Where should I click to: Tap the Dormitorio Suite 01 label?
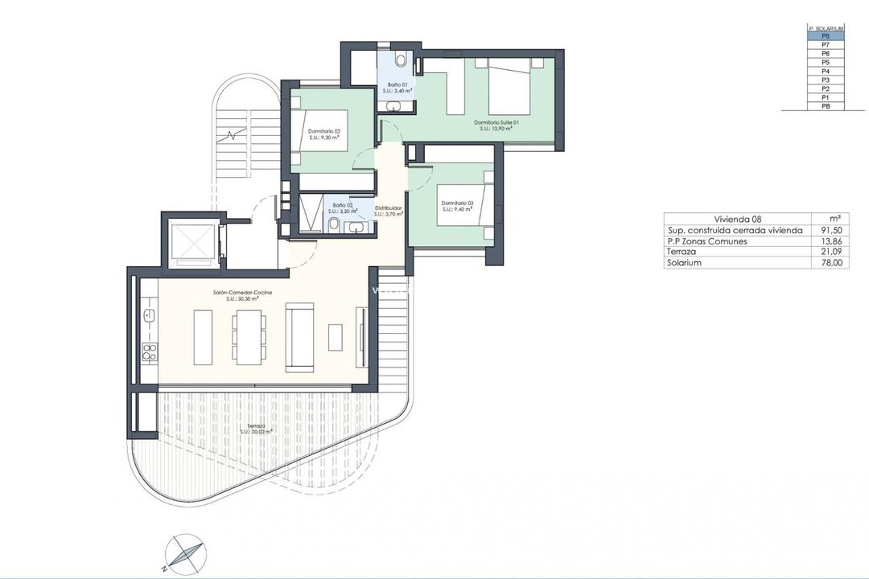[x=496, y=122]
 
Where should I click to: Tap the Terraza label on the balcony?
[x=255, y=427]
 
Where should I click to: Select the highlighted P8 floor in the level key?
[x=826, y=35]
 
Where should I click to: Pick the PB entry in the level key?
[x=826, y=106]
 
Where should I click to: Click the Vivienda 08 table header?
[x=737, y=219]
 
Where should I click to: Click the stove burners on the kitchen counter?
[x=150, y=350]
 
